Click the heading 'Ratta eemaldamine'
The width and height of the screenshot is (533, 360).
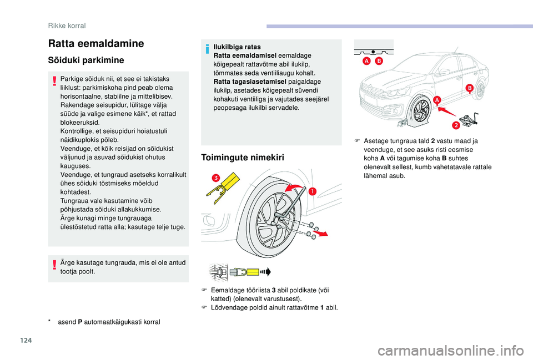96,43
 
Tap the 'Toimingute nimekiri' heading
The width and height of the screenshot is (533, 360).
243,158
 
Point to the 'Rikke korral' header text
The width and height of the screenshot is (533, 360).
67,25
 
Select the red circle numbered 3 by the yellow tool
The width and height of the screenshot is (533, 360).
215,178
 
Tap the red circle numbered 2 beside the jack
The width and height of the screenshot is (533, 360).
455,125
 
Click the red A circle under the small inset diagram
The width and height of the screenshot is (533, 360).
366,60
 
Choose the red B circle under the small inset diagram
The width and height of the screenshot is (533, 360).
379,60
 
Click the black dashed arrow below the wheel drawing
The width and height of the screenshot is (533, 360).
266,271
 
